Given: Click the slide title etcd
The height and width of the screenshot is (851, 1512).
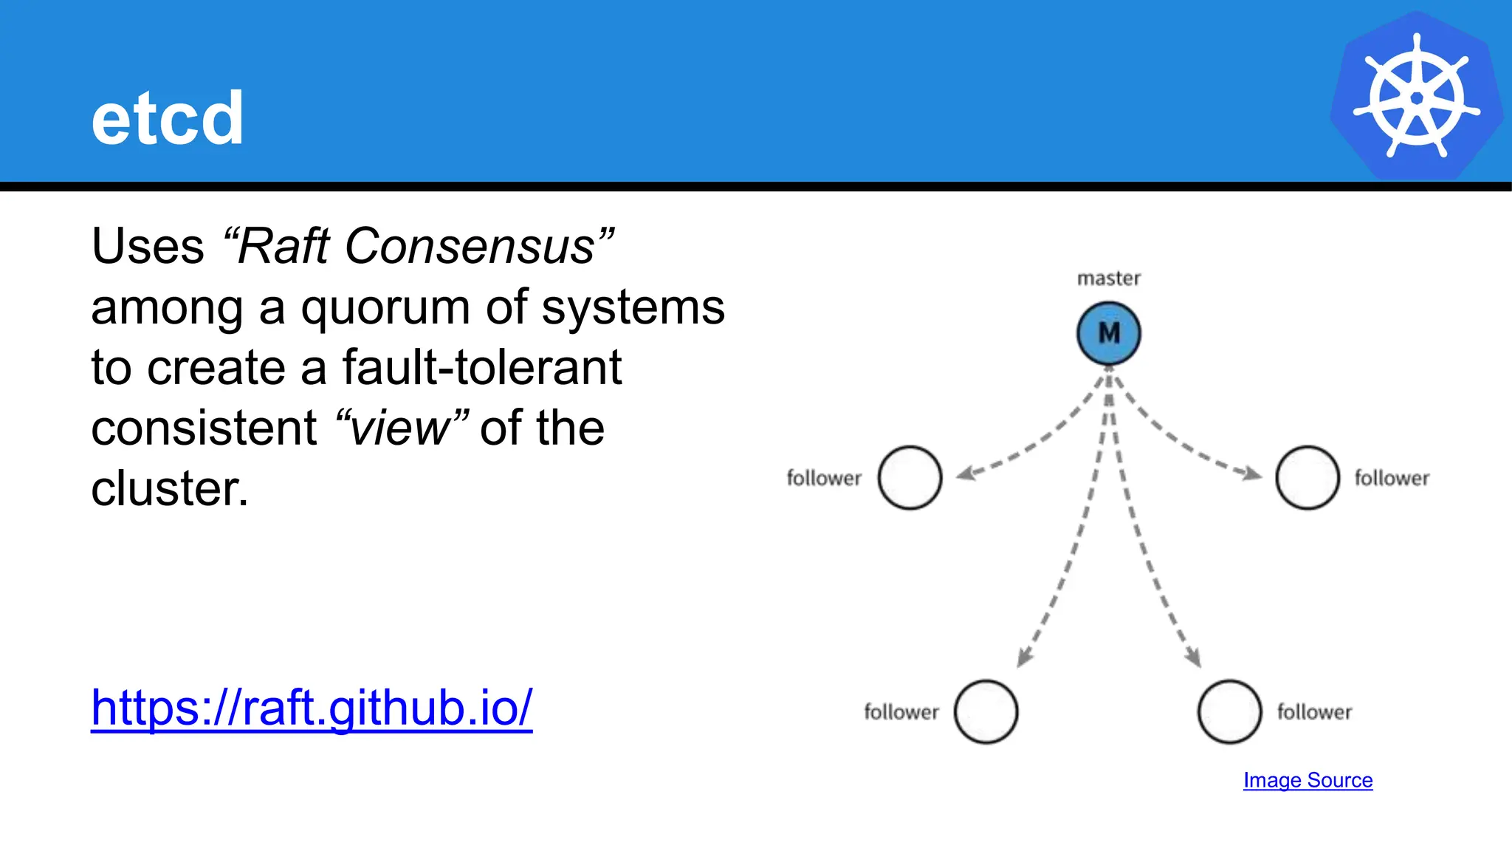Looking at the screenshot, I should [x=167, y=118].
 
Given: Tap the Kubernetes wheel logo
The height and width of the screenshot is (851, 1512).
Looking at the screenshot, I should [x=1416, y=96].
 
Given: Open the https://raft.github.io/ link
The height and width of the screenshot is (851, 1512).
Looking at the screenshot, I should [x=312, y=708].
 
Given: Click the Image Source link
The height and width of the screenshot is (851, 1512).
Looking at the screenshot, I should [x=1307, y=780].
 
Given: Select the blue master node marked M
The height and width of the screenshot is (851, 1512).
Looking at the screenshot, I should [x=1108, y=333].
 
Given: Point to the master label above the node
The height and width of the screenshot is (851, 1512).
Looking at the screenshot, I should [x=1108, y=278].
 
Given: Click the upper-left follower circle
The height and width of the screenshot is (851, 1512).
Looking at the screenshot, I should [x=910, y=478].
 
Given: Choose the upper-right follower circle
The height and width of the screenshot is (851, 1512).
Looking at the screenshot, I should [x=1307, y=478].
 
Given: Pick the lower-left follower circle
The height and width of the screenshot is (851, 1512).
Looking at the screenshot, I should [x=986, y=711].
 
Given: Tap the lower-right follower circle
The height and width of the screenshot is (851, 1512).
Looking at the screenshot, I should [x=1229, y=711].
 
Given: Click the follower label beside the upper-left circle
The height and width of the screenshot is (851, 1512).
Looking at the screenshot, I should [x=824, y=478].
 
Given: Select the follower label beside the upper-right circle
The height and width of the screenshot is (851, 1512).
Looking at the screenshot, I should [x=1392, y=478].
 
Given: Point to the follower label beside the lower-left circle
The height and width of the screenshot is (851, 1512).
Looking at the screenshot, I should [x=901, y=712].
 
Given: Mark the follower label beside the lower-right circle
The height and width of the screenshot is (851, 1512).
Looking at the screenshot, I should [x=1314, y=712].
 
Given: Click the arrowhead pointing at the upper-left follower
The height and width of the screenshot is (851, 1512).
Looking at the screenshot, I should [x=966, y=473].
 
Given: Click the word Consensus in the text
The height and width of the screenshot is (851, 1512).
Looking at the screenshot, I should [x=470, y=246].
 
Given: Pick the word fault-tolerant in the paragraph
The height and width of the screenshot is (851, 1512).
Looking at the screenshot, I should [x=482, y=368].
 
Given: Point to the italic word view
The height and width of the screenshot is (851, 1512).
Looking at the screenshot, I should [x=399, y=428].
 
